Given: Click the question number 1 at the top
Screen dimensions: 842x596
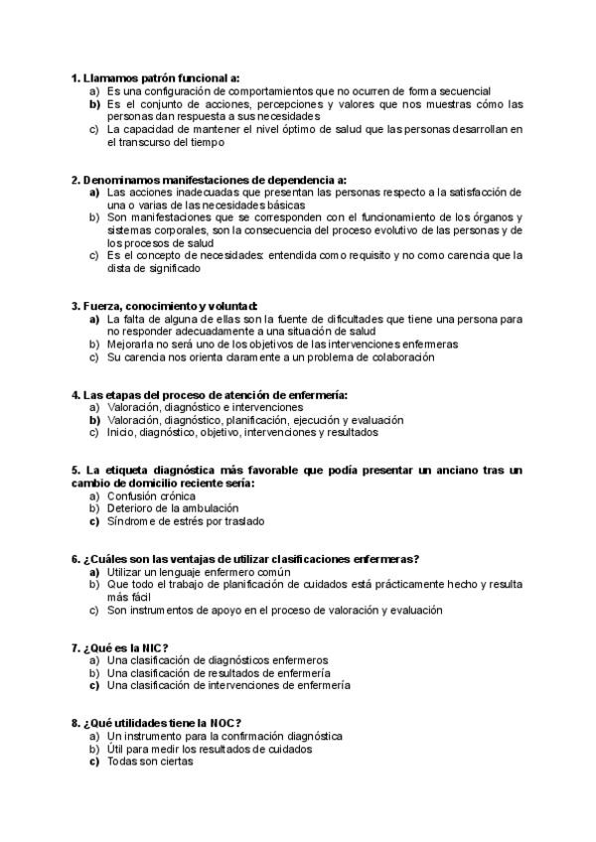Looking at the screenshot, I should (x=75, y=77).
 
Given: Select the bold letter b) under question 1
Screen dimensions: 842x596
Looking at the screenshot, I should (x=94, y=103).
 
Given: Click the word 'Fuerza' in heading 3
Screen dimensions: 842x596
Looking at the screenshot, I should (x=99, y=306).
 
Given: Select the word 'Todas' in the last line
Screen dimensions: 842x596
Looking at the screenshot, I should (x=123, y=762).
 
